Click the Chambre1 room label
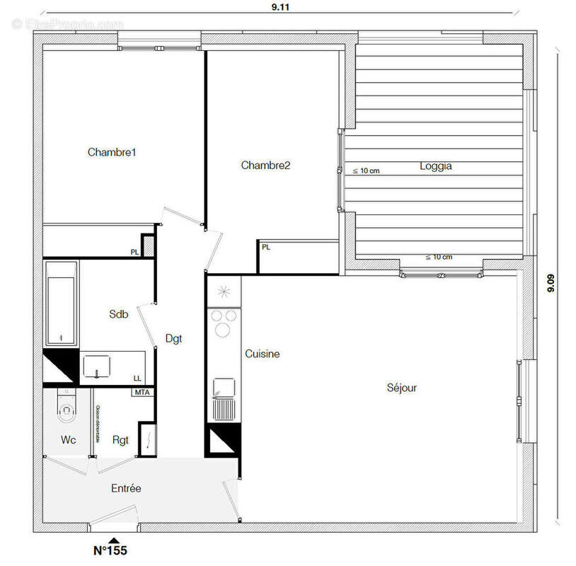(112, 152)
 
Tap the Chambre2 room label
(265, 166)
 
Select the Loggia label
(435, 167)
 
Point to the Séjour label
(402, 388)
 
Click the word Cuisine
(263, 354)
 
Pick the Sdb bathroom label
(118, 314)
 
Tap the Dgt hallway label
(173, 338)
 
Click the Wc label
(68, 440)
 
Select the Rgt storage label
(120, 440)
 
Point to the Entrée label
(126, 488)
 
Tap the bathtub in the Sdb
(61, 304)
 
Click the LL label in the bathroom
(137, 379)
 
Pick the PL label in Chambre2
(266, 248)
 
